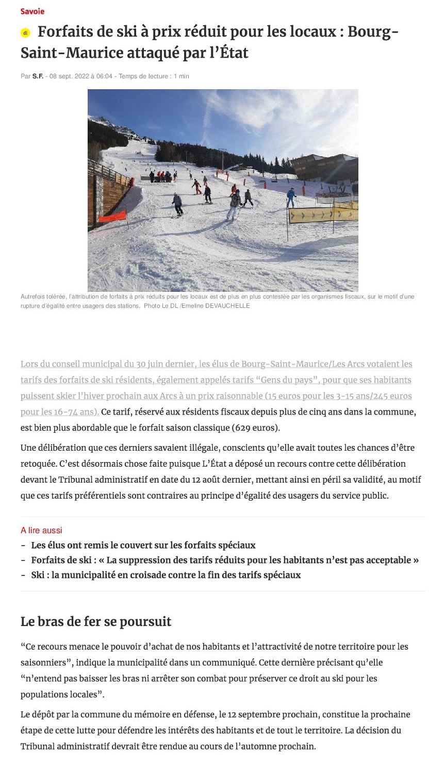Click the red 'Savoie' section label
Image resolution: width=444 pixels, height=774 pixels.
[x=32, y=11]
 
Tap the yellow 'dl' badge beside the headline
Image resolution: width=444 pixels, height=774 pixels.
[x=25, y=33]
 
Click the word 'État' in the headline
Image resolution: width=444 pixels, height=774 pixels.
[x=234, y=53]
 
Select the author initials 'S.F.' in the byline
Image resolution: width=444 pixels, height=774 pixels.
[x=38, y=76]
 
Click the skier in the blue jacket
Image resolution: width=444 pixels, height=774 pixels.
[x=291, y=197]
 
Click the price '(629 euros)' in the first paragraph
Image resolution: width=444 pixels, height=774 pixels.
[x=255, y=427]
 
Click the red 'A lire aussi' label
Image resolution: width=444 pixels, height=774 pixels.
[x=41, y=530]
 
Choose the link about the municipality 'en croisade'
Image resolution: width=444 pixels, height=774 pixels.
[x=166, y=574]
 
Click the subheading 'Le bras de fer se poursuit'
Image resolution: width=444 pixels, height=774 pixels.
[x=96, y=621]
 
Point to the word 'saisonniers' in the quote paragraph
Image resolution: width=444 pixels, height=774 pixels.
[x=43, y=662]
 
